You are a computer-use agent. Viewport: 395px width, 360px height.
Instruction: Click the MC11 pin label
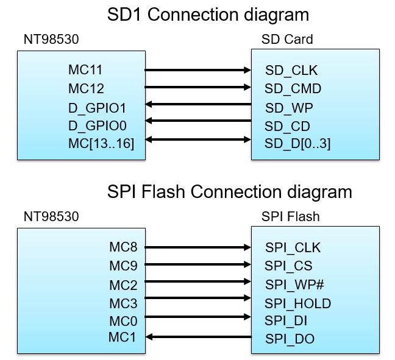tap(85, 70)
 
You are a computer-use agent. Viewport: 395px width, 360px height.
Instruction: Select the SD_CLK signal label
tap(291, 71)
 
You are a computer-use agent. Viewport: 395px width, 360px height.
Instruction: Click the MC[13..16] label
tap(101, 143)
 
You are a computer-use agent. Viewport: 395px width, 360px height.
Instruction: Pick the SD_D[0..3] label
tap(297, 143)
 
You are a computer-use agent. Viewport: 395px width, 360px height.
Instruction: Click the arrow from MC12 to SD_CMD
tap(198, 88)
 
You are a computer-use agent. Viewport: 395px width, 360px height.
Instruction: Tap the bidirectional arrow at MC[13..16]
tap(198, 141)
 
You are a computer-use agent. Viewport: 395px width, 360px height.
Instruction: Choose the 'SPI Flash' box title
tap(290, 216)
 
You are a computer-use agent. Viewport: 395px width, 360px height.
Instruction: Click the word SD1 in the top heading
tap(126, 14)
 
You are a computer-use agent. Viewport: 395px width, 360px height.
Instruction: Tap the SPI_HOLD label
tap(297, 303)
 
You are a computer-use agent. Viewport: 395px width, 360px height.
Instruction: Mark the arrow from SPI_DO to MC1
tap(198, 337)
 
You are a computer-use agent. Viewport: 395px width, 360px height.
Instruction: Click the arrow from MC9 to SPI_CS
tap(198, 266)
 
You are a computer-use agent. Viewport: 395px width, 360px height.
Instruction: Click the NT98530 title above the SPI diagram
tap(51, 216)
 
